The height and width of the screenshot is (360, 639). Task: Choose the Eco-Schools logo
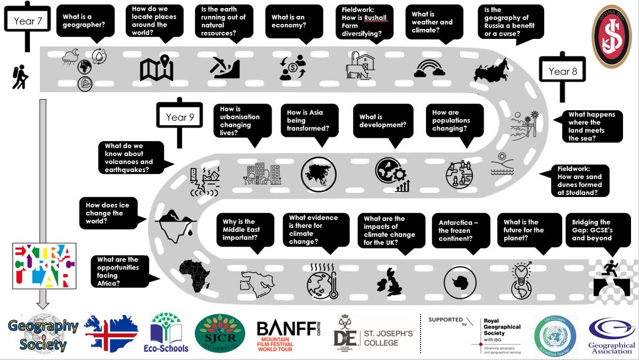169,332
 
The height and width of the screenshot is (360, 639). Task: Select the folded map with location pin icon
157,69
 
